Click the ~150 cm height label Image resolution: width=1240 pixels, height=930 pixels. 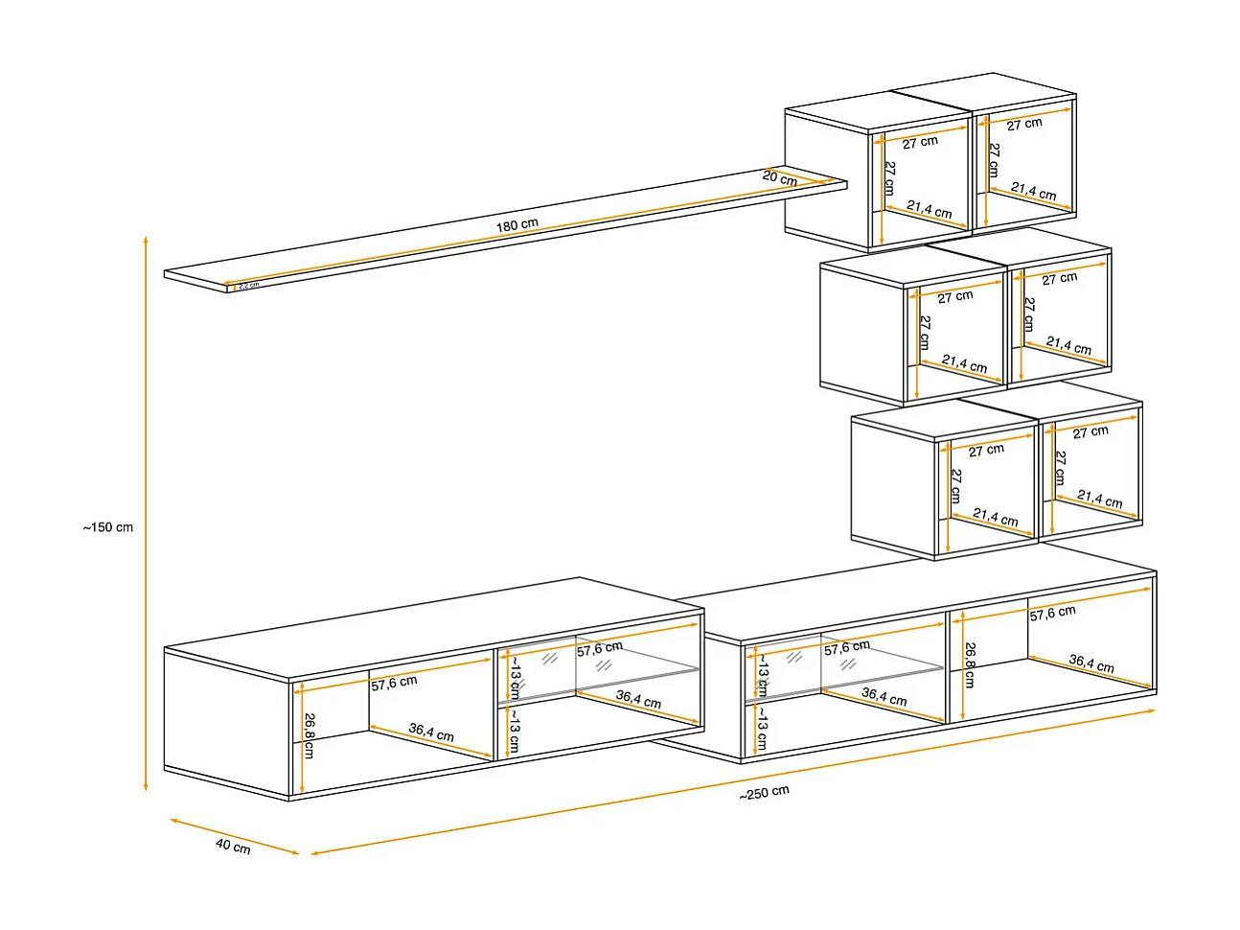click(x=107, y=527)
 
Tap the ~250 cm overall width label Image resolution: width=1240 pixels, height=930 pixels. click(x=764, y=793)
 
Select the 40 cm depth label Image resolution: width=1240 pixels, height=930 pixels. click(x=233, y=847)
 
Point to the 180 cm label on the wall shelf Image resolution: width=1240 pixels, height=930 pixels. click(x=517, y=226)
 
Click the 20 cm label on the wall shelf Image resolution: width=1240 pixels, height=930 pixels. click(x=779, y=178)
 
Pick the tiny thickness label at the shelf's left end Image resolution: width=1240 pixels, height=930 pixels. click(x=247, y=285)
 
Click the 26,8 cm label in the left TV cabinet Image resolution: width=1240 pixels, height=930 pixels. click(x=309, y=735)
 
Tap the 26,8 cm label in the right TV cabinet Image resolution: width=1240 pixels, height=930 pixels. click(x=969, y=664)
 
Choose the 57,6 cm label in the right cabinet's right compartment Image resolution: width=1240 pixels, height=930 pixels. click(x=1052, y=614)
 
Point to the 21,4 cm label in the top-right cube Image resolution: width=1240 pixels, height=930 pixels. click(x=1033, y=192)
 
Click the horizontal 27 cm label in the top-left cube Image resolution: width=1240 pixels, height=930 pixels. click(x=920, y=142)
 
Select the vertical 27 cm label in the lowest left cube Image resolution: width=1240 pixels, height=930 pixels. click(x=954, y=485)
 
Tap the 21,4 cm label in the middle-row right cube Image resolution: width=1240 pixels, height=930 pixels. click(x=1068, y=346)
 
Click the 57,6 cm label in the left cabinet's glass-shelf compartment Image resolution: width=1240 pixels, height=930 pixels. click(x=600, y=649)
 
